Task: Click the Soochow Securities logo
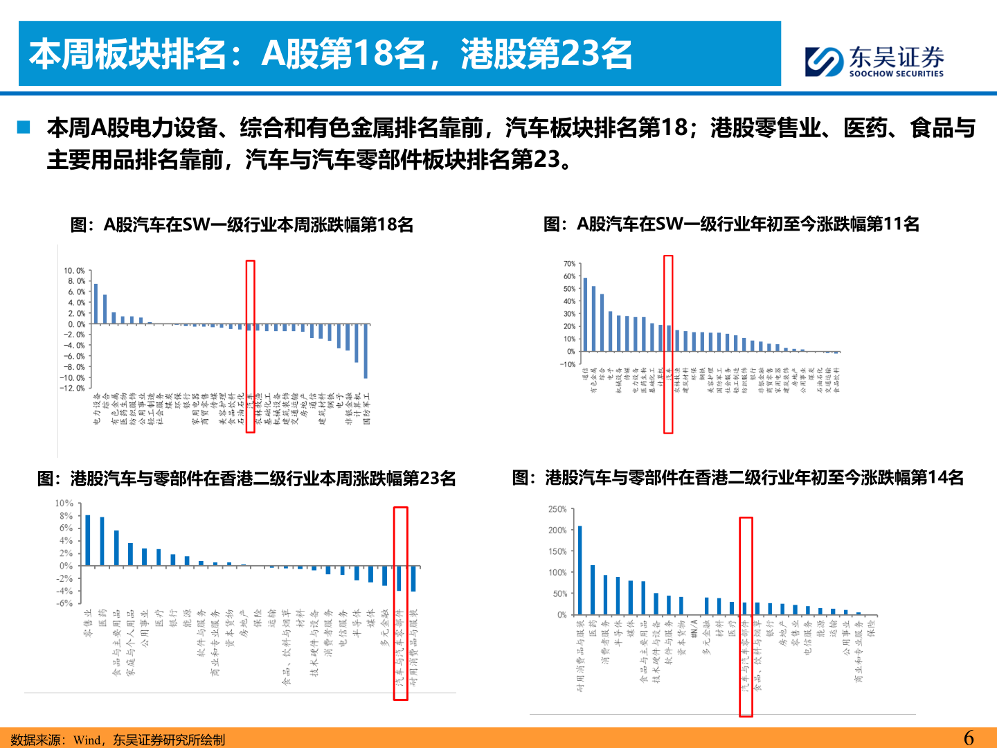874,61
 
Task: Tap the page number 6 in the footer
969,738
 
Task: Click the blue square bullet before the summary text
24,127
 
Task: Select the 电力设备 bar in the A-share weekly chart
96,303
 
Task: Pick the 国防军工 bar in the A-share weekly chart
366,350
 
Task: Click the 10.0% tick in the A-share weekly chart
74,271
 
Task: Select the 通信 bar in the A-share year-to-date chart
585,314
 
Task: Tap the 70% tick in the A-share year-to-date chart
569,264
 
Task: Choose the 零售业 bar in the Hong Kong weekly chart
88,540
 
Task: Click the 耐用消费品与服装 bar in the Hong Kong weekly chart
413,578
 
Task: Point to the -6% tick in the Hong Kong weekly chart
65,603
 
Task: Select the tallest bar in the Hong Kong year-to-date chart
580,570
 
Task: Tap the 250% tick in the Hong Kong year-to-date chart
557,509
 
